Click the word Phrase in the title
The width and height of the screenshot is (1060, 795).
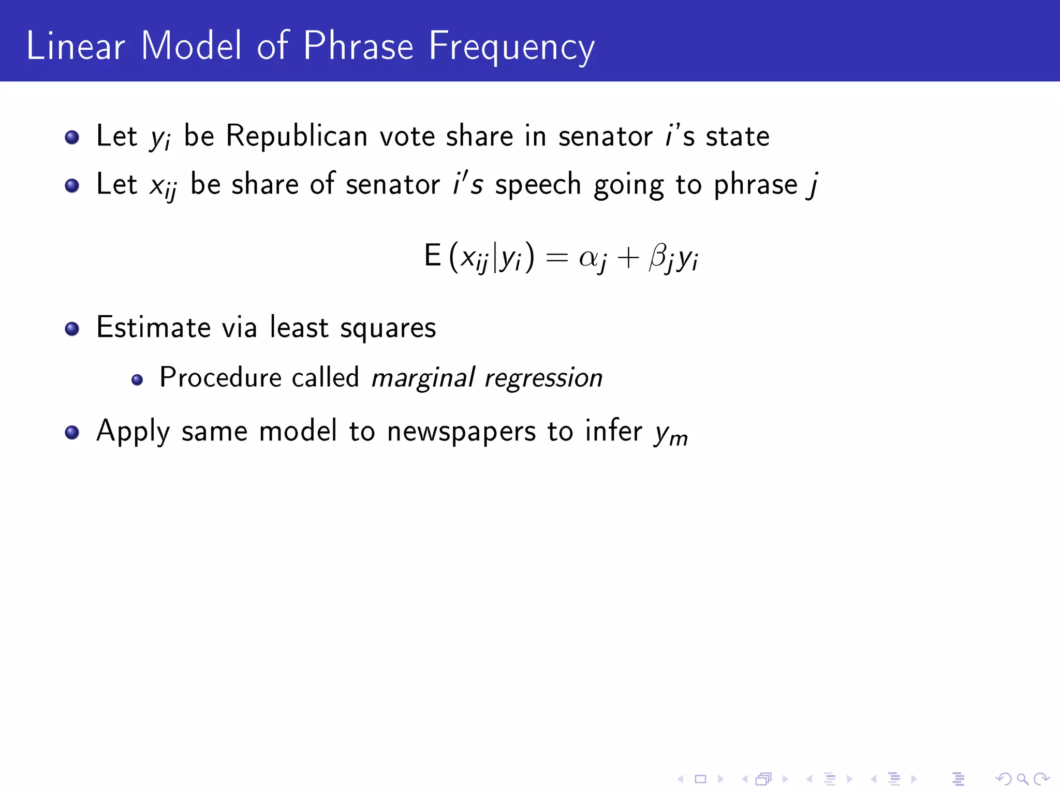(x=358, y=47)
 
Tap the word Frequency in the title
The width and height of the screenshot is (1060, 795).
(x=511, y=48)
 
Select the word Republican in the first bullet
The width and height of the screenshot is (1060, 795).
(x=297, y=136)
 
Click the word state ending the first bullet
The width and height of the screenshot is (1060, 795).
(x=738, y=137)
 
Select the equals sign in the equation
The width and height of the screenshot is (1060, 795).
(x=557, y=257)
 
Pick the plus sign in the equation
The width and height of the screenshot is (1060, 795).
(x=628, y=257)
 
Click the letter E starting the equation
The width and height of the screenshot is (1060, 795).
(x=432, y=256)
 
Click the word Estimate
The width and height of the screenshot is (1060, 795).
(x=153, y=328)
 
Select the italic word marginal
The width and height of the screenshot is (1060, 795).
(x=423, y=378)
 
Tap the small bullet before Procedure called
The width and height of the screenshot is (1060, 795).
(x=137, y=380)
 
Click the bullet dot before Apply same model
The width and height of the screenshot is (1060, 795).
(x=72, y=432)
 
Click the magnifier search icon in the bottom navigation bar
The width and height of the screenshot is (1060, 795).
(x=1022, y=778)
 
